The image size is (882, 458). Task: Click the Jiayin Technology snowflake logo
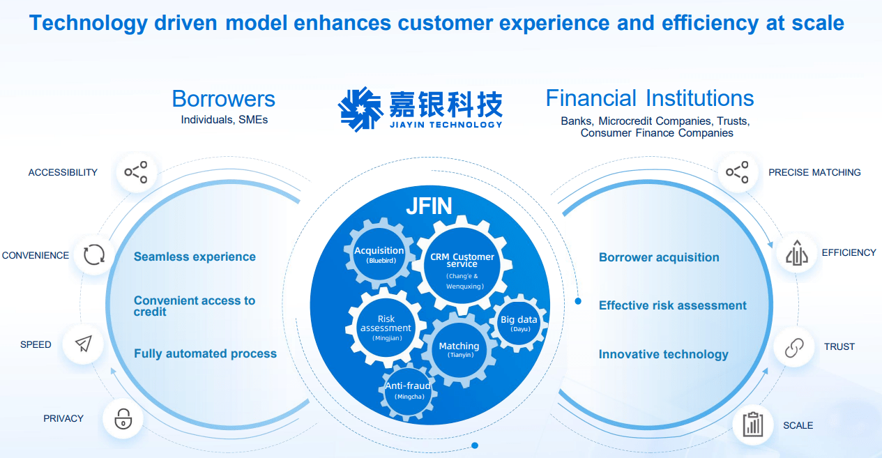(x=360, y=109)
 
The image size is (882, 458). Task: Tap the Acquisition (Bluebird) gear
(x=379, y=255)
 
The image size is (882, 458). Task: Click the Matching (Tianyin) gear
(x=459, y=349)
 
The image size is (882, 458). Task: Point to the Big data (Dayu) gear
(x=519, y=323)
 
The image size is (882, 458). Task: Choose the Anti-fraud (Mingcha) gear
(x=408, y=390)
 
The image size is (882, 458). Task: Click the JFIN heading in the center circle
(x=429, y=206)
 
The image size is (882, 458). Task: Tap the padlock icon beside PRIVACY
(x=123, y=418)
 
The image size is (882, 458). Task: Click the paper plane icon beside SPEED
(x=83, y=344)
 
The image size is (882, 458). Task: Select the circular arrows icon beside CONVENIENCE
(x=94, y=255)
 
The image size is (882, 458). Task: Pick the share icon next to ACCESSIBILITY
(x=136, y=172)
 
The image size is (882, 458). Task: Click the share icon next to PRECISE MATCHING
(x=737, y=172)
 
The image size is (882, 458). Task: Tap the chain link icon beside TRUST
(x=794, y=346)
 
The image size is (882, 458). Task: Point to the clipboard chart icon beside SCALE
(x=753, y=425)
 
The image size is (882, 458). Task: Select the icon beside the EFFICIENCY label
(x=796, y=253)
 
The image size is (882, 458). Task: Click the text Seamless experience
(x=195, y=257)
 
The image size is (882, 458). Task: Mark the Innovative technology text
(x=663, y=354)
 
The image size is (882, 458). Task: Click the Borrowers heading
(x=223, y=98)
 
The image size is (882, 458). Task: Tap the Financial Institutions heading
(x=649, y=98)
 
